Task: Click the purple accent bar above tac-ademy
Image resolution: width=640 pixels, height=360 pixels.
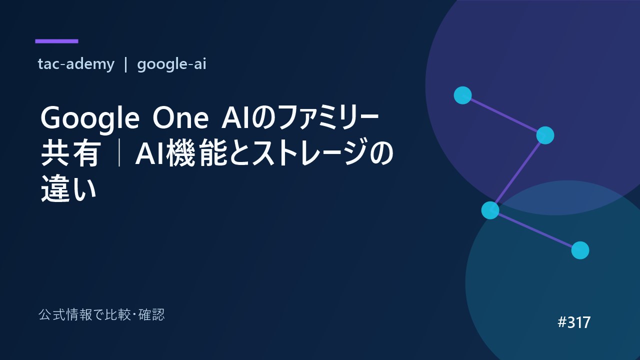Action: (56, 41)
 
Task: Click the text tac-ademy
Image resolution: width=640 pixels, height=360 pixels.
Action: (76, 64)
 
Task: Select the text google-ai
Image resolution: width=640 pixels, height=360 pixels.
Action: (171, 64)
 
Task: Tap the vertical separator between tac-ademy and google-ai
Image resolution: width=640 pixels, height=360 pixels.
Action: (125, 64)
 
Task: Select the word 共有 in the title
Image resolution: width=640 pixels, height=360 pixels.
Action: (71, 153)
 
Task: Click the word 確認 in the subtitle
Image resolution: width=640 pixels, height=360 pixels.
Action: (151, 315)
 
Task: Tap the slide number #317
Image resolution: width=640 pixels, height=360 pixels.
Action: (574, 322)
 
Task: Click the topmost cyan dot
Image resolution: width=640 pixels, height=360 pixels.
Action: (462, 95)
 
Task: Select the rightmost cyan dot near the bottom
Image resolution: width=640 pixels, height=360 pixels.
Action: (580, 250)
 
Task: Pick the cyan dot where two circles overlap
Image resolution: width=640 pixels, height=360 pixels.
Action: (490, 210)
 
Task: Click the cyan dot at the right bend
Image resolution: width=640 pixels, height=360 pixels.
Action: (545, 135)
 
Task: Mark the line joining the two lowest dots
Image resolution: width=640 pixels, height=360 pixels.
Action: (535, 230)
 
